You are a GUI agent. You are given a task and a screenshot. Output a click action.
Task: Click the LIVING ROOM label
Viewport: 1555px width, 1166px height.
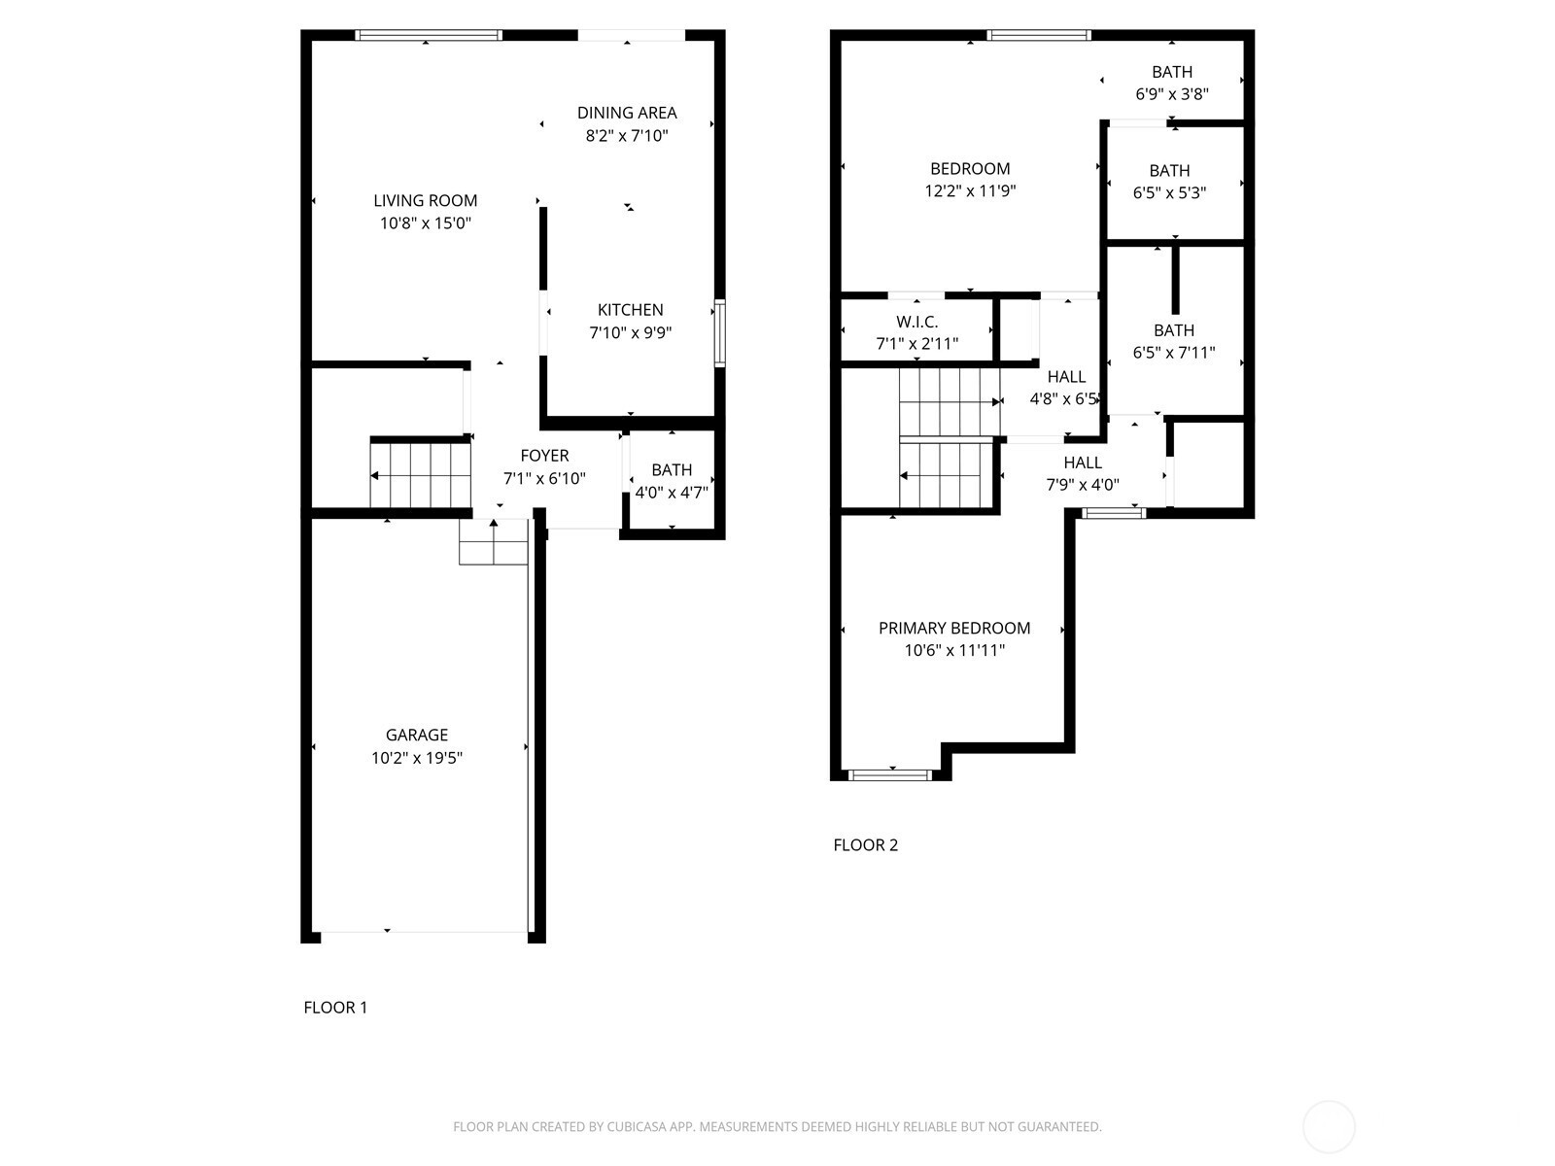(425, 200)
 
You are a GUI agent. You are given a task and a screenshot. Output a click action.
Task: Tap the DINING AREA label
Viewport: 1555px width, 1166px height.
(627, 113)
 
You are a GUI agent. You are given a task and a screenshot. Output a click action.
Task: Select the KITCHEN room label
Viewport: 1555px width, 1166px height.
(631, 309)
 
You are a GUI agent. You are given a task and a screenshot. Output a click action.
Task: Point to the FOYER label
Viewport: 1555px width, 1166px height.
(544, 455)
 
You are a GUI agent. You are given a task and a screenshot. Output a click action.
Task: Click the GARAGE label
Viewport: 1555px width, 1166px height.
(417, 735)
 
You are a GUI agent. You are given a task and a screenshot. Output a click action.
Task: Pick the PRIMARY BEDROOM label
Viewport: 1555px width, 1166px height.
(954, 628)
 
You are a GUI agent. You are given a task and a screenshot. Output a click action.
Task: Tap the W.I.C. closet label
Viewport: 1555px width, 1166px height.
(916, 323)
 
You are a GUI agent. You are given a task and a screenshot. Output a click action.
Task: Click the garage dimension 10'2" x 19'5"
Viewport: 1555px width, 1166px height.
(417, 758)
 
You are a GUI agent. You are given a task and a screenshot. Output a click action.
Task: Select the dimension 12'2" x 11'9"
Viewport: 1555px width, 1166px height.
(970, 191)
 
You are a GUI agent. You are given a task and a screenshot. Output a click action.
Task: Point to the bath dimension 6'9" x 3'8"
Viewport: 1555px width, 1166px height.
(1172, 94)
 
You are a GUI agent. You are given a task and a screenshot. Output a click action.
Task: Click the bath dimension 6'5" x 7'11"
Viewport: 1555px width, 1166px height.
(1174, 353)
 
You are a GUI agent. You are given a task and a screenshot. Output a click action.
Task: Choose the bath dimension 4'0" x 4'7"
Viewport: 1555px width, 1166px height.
(672, 492)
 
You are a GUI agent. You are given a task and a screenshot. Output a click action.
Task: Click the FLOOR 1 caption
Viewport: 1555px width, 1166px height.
(336, 1008)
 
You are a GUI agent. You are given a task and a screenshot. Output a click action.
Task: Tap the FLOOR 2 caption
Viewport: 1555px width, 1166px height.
(866, 844)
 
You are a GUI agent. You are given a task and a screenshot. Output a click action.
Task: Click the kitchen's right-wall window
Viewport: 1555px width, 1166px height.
(720, 332)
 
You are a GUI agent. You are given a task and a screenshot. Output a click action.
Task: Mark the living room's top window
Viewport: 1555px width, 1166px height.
(429, 35)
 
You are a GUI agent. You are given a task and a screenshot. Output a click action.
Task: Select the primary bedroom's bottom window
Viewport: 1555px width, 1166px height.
(890, 775)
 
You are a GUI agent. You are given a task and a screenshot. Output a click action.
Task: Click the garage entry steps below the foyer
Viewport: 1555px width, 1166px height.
(494, 542)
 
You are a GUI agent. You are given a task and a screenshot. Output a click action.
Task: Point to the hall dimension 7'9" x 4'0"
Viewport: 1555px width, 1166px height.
(1083, 485)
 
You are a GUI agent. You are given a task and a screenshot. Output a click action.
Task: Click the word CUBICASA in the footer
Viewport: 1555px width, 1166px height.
(637, 1126)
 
